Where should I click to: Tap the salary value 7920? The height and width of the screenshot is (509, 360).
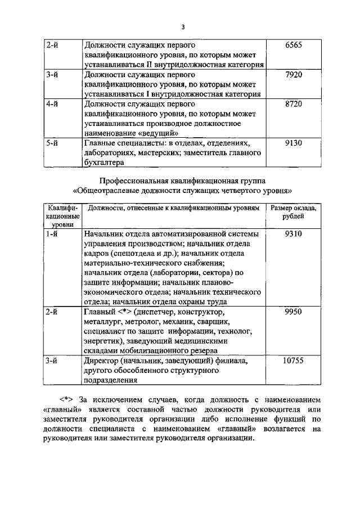click(294, 74)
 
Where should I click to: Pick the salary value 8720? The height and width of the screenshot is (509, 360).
click(294, 104)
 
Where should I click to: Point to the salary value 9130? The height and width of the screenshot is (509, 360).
click(294, 143)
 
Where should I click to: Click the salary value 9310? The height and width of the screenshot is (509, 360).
click(294, 233)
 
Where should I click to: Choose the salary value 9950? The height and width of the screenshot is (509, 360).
click(294, 311)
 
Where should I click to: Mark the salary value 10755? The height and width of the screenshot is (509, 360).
click(294, 360)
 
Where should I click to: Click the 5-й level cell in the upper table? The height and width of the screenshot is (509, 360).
click(53, 143)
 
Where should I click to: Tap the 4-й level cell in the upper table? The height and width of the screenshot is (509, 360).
click(53, 104)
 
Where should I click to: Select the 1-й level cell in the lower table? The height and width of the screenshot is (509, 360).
click(53, 233)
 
